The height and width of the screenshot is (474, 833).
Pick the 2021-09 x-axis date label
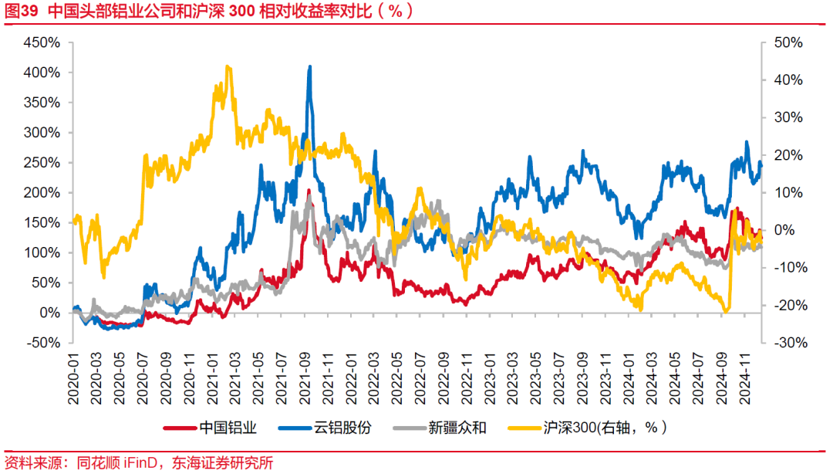pos(308,377)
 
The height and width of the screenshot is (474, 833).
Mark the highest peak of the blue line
pos(310,67)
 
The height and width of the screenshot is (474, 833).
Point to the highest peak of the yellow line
pos(227,67)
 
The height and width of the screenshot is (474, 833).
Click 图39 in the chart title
pos(22,11)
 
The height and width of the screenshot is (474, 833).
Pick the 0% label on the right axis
pos(783,230)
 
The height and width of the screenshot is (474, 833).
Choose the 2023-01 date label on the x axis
pos(494,377)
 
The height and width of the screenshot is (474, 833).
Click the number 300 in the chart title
pos(245,11)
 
